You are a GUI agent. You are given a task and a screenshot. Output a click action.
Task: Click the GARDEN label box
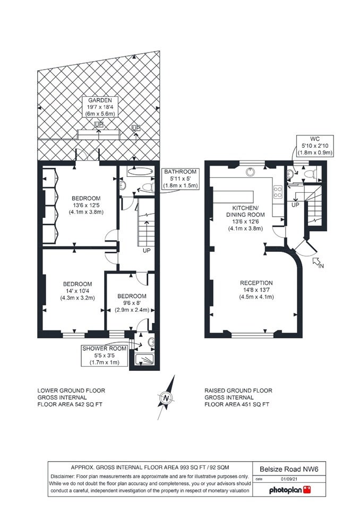point(100,107)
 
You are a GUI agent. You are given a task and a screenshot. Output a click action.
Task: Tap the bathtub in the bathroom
point(140,172)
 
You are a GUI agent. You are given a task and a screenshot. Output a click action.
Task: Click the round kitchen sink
point(251,172)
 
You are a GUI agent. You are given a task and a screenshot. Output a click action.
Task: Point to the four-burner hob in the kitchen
point(278,191)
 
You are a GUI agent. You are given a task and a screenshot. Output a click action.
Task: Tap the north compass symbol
point(167,397)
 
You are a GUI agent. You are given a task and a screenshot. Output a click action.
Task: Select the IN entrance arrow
point(316,262)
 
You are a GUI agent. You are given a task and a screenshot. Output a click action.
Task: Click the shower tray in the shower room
point(144,360)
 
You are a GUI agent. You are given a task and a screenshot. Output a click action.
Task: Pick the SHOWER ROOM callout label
point(105,355)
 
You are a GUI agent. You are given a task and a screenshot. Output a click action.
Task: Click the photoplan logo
point(290,490)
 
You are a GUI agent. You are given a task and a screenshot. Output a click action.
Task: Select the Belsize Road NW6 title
point(288,469)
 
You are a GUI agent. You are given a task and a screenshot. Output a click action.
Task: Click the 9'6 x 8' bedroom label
point(132,303)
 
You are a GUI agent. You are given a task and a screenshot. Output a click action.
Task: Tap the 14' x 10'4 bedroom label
point(78,291)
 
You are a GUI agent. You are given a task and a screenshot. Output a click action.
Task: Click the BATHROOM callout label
point(180,178)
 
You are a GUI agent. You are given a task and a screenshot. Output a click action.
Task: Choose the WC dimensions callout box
point(315,146)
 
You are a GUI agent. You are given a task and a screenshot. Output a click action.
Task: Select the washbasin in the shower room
point(151,342)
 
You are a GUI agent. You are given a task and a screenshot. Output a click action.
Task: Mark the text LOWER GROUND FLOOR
point(71,390)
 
